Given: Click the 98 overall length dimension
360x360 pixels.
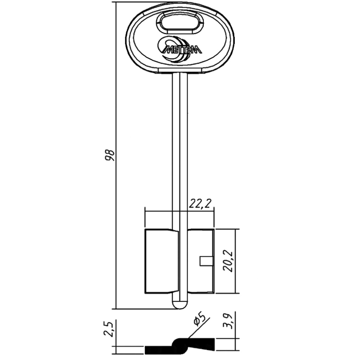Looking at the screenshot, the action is point(110,155).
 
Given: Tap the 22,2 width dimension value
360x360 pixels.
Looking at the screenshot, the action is point(199,204).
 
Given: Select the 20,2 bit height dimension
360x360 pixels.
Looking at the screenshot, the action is point(229,261).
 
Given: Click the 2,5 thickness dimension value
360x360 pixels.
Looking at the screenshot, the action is point(109,329).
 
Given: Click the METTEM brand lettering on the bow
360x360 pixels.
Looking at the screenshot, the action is point(182,49).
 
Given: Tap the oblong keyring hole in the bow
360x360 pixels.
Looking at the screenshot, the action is point(180,23).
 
